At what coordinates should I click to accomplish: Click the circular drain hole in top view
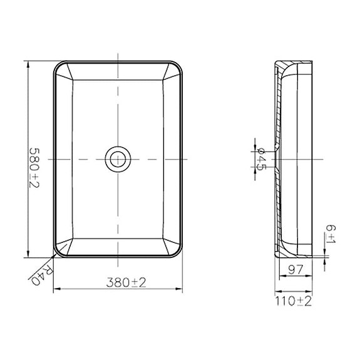[116, 159]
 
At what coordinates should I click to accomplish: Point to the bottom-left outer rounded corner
[56, 253]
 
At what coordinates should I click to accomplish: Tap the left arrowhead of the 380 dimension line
[54, 290]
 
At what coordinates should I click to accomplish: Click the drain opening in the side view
[275, 159]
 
